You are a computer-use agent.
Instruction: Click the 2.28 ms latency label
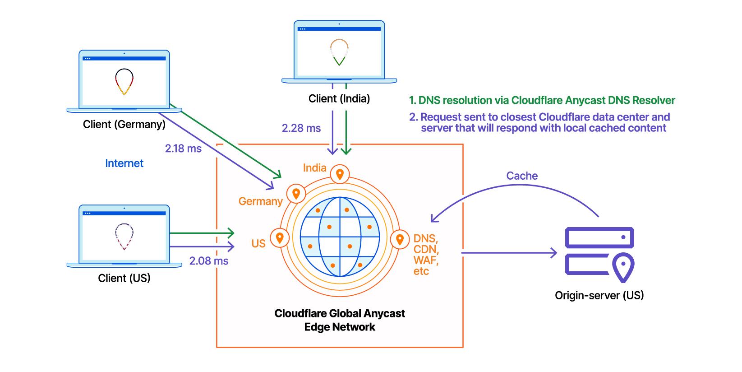click(x=301, y=128)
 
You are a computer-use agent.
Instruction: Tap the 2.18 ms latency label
click(x=183, y=148)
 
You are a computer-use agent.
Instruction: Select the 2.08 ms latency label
click(x=208, y=260)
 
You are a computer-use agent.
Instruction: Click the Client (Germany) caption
click(x=124, y=124)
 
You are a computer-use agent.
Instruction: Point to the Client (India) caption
click(x=339, y=98)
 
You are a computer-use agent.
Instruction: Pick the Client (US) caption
click(x=124, y=278)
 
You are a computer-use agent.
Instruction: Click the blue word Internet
click(x=124, y=163)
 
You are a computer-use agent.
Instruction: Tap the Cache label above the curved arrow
click(x=522, y=176)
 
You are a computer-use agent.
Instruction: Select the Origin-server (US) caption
click(x=599, y=295)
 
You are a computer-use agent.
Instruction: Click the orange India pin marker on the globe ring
click(x=340, y=174)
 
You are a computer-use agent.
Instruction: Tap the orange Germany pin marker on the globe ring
click(x=296, y=194)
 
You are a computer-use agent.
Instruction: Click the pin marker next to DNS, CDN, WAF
click(x=400, y=239)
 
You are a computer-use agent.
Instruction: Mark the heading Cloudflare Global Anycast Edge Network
click(x=340, y=320)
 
